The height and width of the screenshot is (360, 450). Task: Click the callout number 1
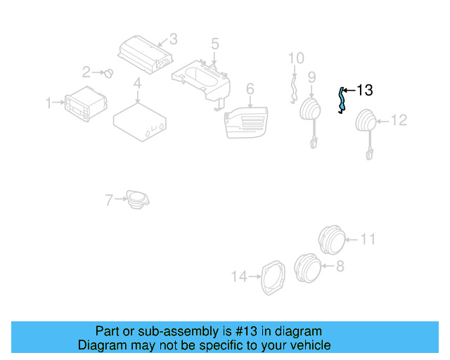pyautogui.click(x=49, y=103)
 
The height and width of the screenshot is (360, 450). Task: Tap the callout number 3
pyautogui.click(x=173, y=39)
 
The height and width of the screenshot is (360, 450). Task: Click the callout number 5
pyautogui.click(x=214, y=44)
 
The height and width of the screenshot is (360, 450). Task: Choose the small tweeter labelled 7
pyautogui.click(x=136, y=198)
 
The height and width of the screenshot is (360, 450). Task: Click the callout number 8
pyautogui.click(x=340, y=266)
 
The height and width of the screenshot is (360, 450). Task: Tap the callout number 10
pyautogui.click(x=296, y=58)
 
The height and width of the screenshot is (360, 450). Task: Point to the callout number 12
pyautogui.click(x=399, y=121)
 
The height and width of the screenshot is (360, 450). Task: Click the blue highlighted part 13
pyautogui.click(x=342, y=99)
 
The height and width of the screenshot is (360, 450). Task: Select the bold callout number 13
pyautogui.click(x=364, y=90)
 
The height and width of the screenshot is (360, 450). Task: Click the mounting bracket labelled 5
pyautogui.click(x=204, y=79)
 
